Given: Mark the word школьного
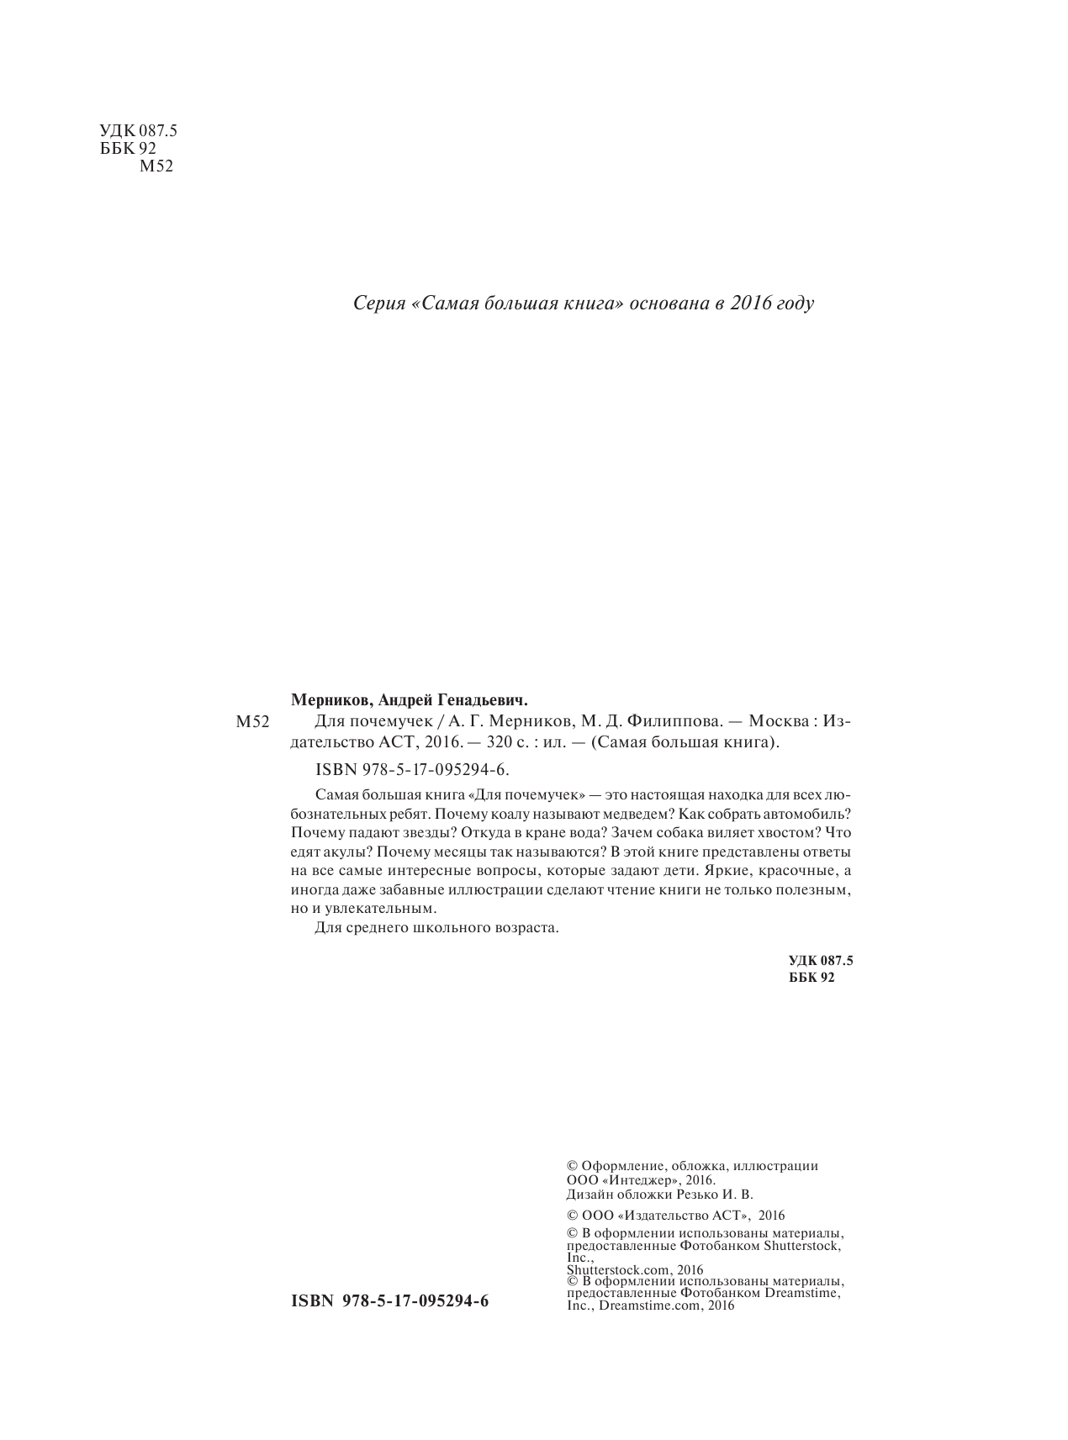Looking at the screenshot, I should [x=455, y=929].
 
